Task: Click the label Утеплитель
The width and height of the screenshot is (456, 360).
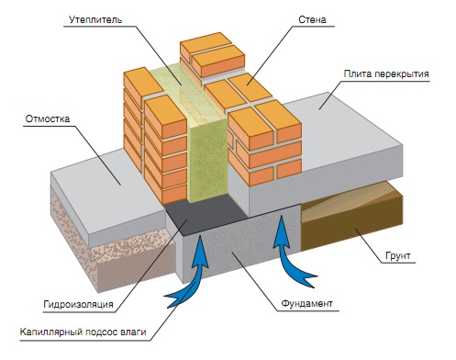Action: pos(95,19)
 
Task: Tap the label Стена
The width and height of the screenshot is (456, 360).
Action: pos(312,19)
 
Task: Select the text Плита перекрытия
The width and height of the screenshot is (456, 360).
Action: pos(386,74)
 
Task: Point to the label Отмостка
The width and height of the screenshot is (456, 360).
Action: pos(48,118)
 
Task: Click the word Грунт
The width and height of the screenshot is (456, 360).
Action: pos(397,256)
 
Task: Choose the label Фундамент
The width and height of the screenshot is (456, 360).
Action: pos(306,304)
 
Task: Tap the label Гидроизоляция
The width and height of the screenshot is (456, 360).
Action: pos(78,305)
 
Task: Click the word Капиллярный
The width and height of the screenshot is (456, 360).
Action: pos(51,332)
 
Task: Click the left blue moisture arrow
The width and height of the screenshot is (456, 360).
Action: pos(195,269)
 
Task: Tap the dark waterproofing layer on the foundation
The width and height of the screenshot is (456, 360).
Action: pos(205,214)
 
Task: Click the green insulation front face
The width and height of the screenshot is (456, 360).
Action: pos(208,163)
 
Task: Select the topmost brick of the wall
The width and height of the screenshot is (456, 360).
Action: pos(206,43)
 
